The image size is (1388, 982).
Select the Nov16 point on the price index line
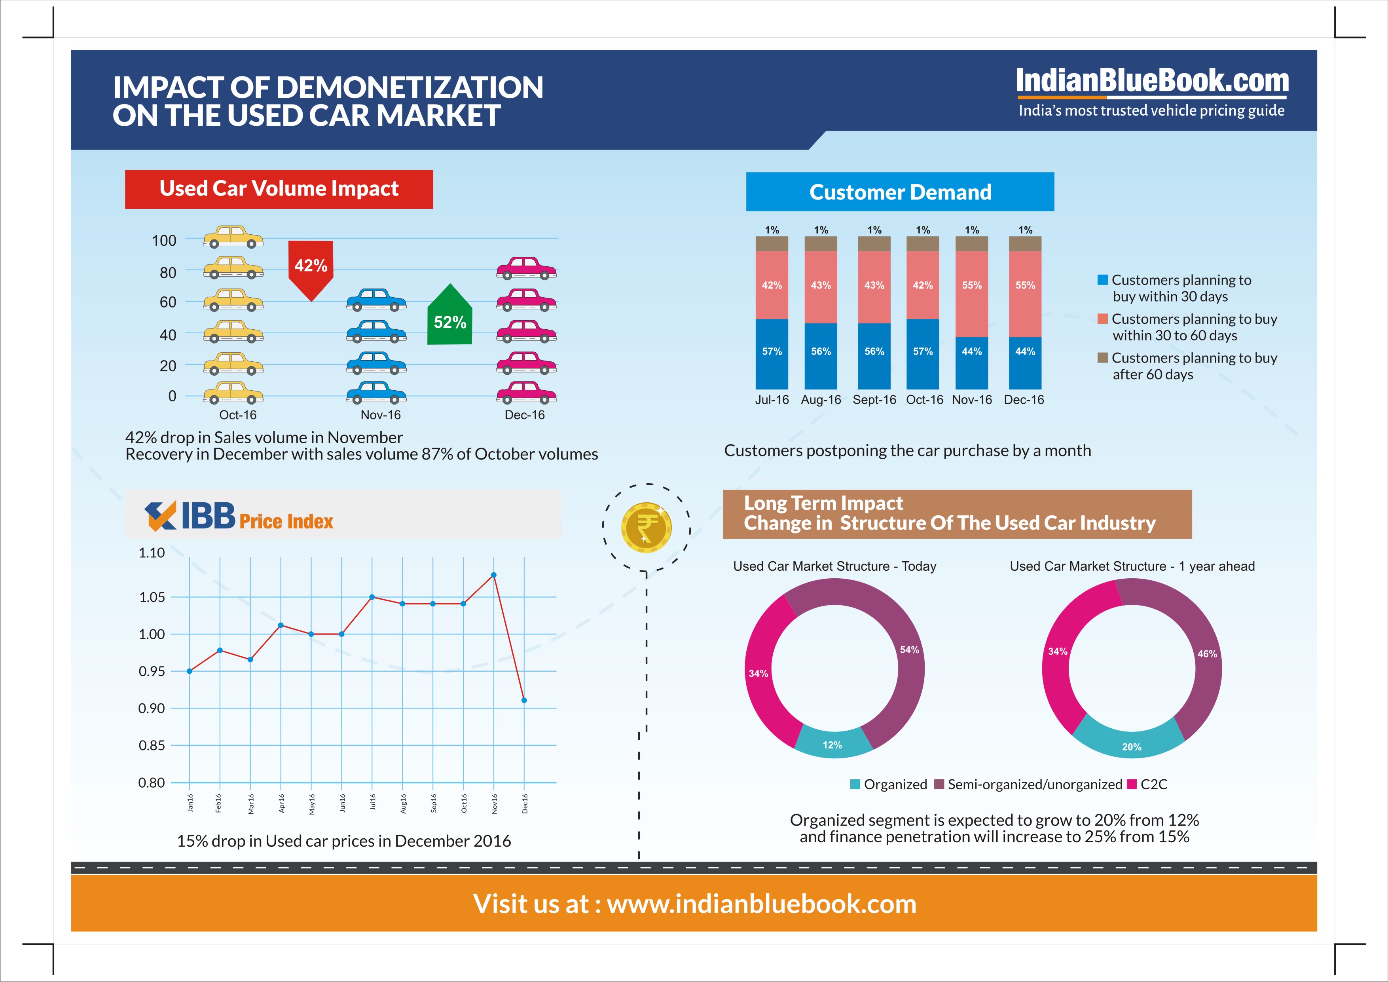494,575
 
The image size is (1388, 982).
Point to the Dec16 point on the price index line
524,700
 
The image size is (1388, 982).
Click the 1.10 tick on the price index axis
152,553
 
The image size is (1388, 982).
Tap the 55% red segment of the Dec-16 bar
1025,294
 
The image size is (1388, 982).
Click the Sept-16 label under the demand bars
874,400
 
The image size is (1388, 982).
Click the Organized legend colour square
855,784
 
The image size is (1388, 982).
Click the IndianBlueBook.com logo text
1152,82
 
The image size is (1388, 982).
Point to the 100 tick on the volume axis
164,241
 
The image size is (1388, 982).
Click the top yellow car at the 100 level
233,236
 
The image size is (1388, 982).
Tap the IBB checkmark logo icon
161,516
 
